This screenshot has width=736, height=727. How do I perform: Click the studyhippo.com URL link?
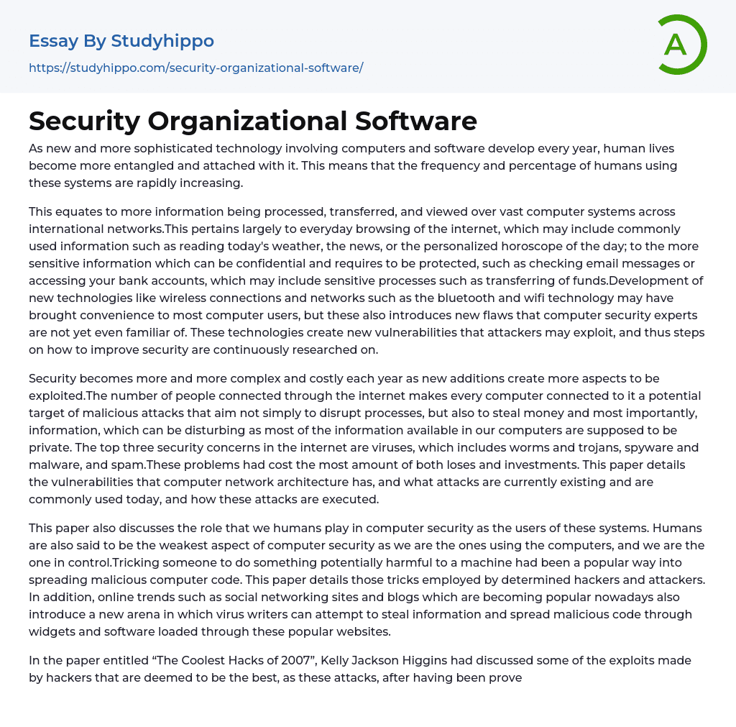[195, 68]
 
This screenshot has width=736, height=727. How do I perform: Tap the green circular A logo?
[679, 45]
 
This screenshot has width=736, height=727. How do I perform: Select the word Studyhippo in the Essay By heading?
[162, 41]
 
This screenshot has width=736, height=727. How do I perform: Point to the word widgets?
[52, 631]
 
